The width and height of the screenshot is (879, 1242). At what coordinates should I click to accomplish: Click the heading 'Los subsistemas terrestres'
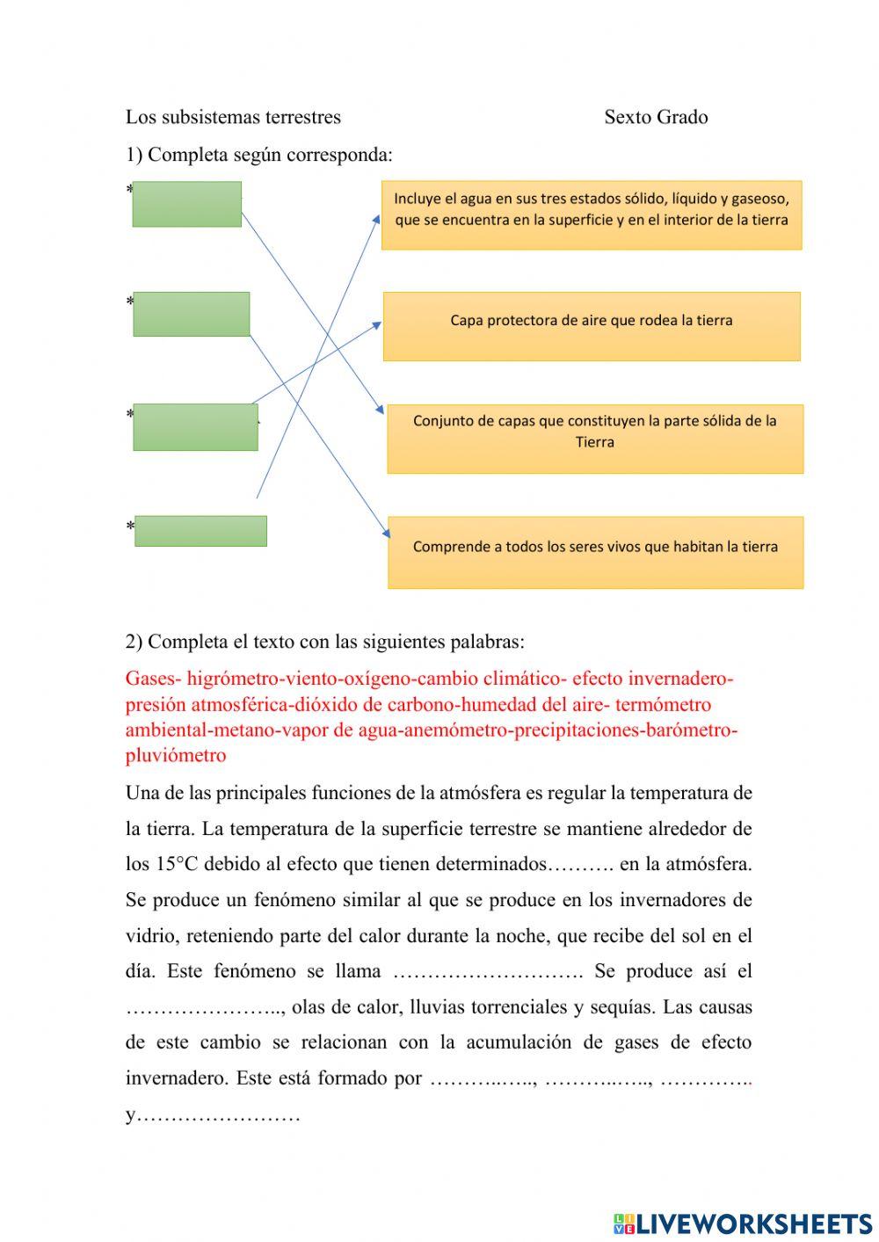[x=233, y=117]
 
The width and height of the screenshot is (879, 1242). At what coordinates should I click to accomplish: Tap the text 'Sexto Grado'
[x=656, y=117]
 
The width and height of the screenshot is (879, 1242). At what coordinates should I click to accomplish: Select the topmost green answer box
[x=186, y=204]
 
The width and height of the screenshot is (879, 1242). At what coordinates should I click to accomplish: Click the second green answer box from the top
[x=191, y=314]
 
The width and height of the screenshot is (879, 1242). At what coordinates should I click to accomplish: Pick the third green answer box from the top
[x=195, y=427]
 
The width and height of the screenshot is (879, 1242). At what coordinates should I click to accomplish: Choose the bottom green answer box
[x=200, y=531]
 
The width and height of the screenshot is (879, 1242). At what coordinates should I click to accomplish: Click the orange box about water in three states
[x=591, y=215]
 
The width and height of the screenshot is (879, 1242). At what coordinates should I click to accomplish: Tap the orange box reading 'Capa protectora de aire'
[x=591, y=326]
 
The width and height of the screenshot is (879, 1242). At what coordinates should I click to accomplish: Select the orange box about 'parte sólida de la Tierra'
[x=594, y=439]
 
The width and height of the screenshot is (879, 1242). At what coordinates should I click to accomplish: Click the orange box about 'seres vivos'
[x=595, y=552]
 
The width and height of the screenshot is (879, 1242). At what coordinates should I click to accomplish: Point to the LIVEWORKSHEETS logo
[x=743, y=1223]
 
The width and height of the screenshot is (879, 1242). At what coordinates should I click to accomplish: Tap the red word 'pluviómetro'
[x=176, y=755]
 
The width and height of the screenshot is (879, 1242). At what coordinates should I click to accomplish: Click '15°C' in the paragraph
[x=179, y=864]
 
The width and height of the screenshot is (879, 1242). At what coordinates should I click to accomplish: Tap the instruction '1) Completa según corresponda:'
[x=259, y=155]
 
